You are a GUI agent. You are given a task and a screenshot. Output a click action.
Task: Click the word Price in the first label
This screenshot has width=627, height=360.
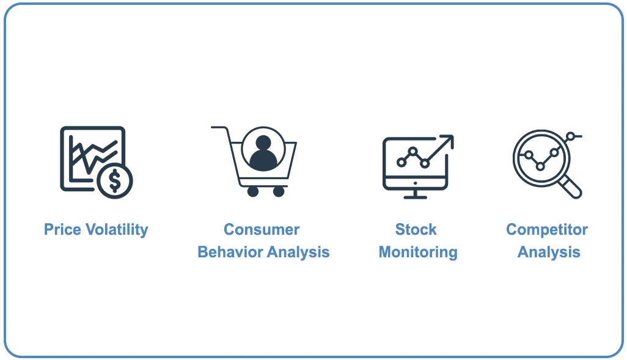pyautogui.click(x=62, y=230)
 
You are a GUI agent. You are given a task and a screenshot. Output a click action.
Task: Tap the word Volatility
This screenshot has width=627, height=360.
pyautogui.click(x=116, y=230)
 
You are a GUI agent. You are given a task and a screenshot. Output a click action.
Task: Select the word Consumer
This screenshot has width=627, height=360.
pyautogui.click(x=262, y=230)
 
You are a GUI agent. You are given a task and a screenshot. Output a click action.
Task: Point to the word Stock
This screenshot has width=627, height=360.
pyautogui.click(x=416, y=230)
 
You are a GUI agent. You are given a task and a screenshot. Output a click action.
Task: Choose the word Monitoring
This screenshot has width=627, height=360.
pyautogui.click(x=418, y=252)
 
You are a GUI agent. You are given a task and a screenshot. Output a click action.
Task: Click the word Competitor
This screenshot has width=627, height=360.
pyautogui.click(x=547, y=230)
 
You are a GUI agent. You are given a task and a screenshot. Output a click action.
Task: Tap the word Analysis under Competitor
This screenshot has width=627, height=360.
pyautogui.click(x=549, y=252)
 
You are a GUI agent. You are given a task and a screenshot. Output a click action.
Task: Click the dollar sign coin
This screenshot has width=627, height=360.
pyautogui.click(x=114, y=180)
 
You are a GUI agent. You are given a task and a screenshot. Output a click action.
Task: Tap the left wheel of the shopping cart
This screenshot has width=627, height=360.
pyautogui.click(x=253, y=191)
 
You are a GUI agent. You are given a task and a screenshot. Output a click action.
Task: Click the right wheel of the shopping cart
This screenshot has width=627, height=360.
pyautogui.click(x=279, y=191)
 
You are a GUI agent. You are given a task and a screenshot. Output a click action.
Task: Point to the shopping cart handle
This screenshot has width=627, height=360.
pyautogui.click(x=219, y=128)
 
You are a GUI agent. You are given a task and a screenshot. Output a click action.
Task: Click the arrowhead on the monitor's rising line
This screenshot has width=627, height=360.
pyautogui.click(x=449, y=140)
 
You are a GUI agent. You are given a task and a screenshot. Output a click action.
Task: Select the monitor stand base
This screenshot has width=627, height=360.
pyautogui.click(x=416, y=197)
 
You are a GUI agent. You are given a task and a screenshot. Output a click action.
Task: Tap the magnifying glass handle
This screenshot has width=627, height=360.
pyautogui.click(x=573, y=188)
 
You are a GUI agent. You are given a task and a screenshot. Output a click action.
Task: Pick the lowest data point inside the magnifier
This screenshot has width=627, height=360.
pyautogui.click(x=540, y=166)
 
